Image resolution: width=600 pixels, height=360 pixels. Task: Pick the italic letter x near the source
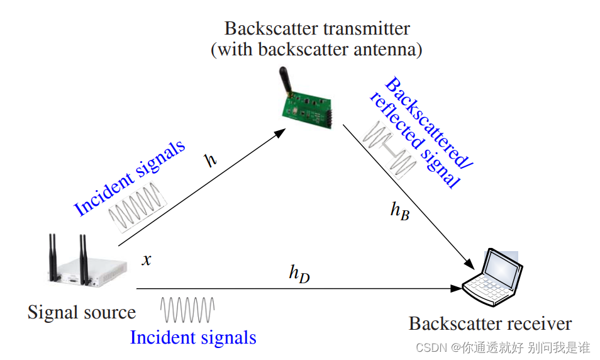coord(147,259)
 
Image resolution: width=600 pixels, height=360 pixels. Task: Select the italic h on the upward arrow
coord(211,159)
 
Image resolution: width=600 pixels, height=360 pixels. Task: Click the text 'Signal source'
coord(82,312)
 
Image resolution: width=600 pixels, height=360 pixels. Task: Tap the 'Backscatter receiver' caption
coord(490,323)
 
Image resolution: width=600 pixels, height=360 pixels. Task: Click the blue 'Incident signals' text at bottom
coord(193,337)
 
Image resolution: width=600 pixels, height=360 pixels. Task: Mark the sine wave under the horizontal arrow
coord(187,308)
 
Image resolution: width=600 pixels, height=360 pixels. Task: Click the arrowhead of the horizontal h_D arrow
coord(456,289)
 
